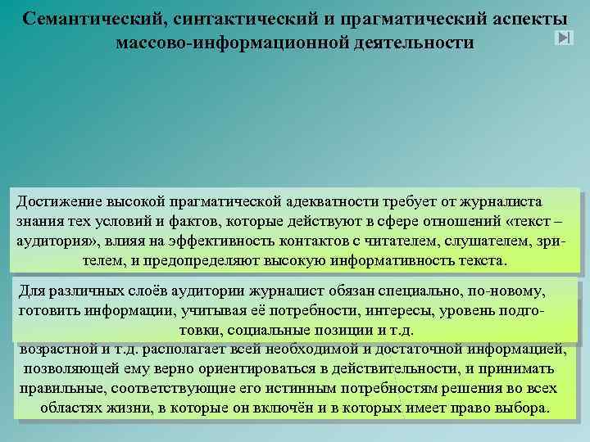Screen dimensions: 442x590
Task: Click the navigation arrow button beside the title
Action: (563, 38)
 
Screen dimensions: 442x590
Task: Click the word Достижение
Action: (61, 201)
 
